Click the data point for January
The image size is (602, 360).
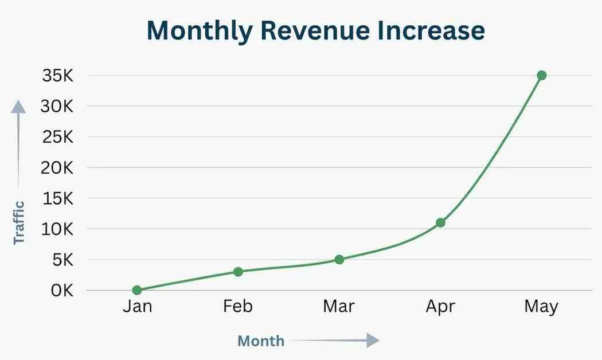[137, 290]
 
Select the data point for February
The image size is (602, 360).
[238, 271]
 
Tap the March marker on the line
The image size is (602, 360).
[339, 259]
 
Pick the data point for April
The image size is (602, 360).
[440, 222]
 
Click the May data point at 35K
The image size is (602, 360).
[541, 75]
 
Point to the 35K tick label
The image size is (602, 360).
[57, 76]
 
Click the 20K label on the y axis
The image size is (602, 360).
[57, 168]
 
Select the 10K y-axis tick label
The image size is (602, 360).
[57, 229]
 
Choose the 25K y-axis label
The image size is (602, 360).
[57, 137]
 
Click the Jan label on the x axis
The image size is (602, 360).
[137, 307]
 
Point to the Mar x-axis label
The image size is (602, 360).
[339, 307]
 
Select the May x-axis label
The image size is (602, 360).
[541, 307]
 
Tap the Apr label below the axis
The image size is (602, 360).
[440, 307]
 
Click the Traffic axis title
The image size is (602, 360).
[19, 222]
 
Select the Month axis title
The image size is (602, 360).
[261, 341]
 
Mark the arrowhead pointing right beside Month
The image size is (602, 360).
[373, 341]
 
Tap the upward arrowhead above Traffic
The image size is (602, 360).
[19, 107]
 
